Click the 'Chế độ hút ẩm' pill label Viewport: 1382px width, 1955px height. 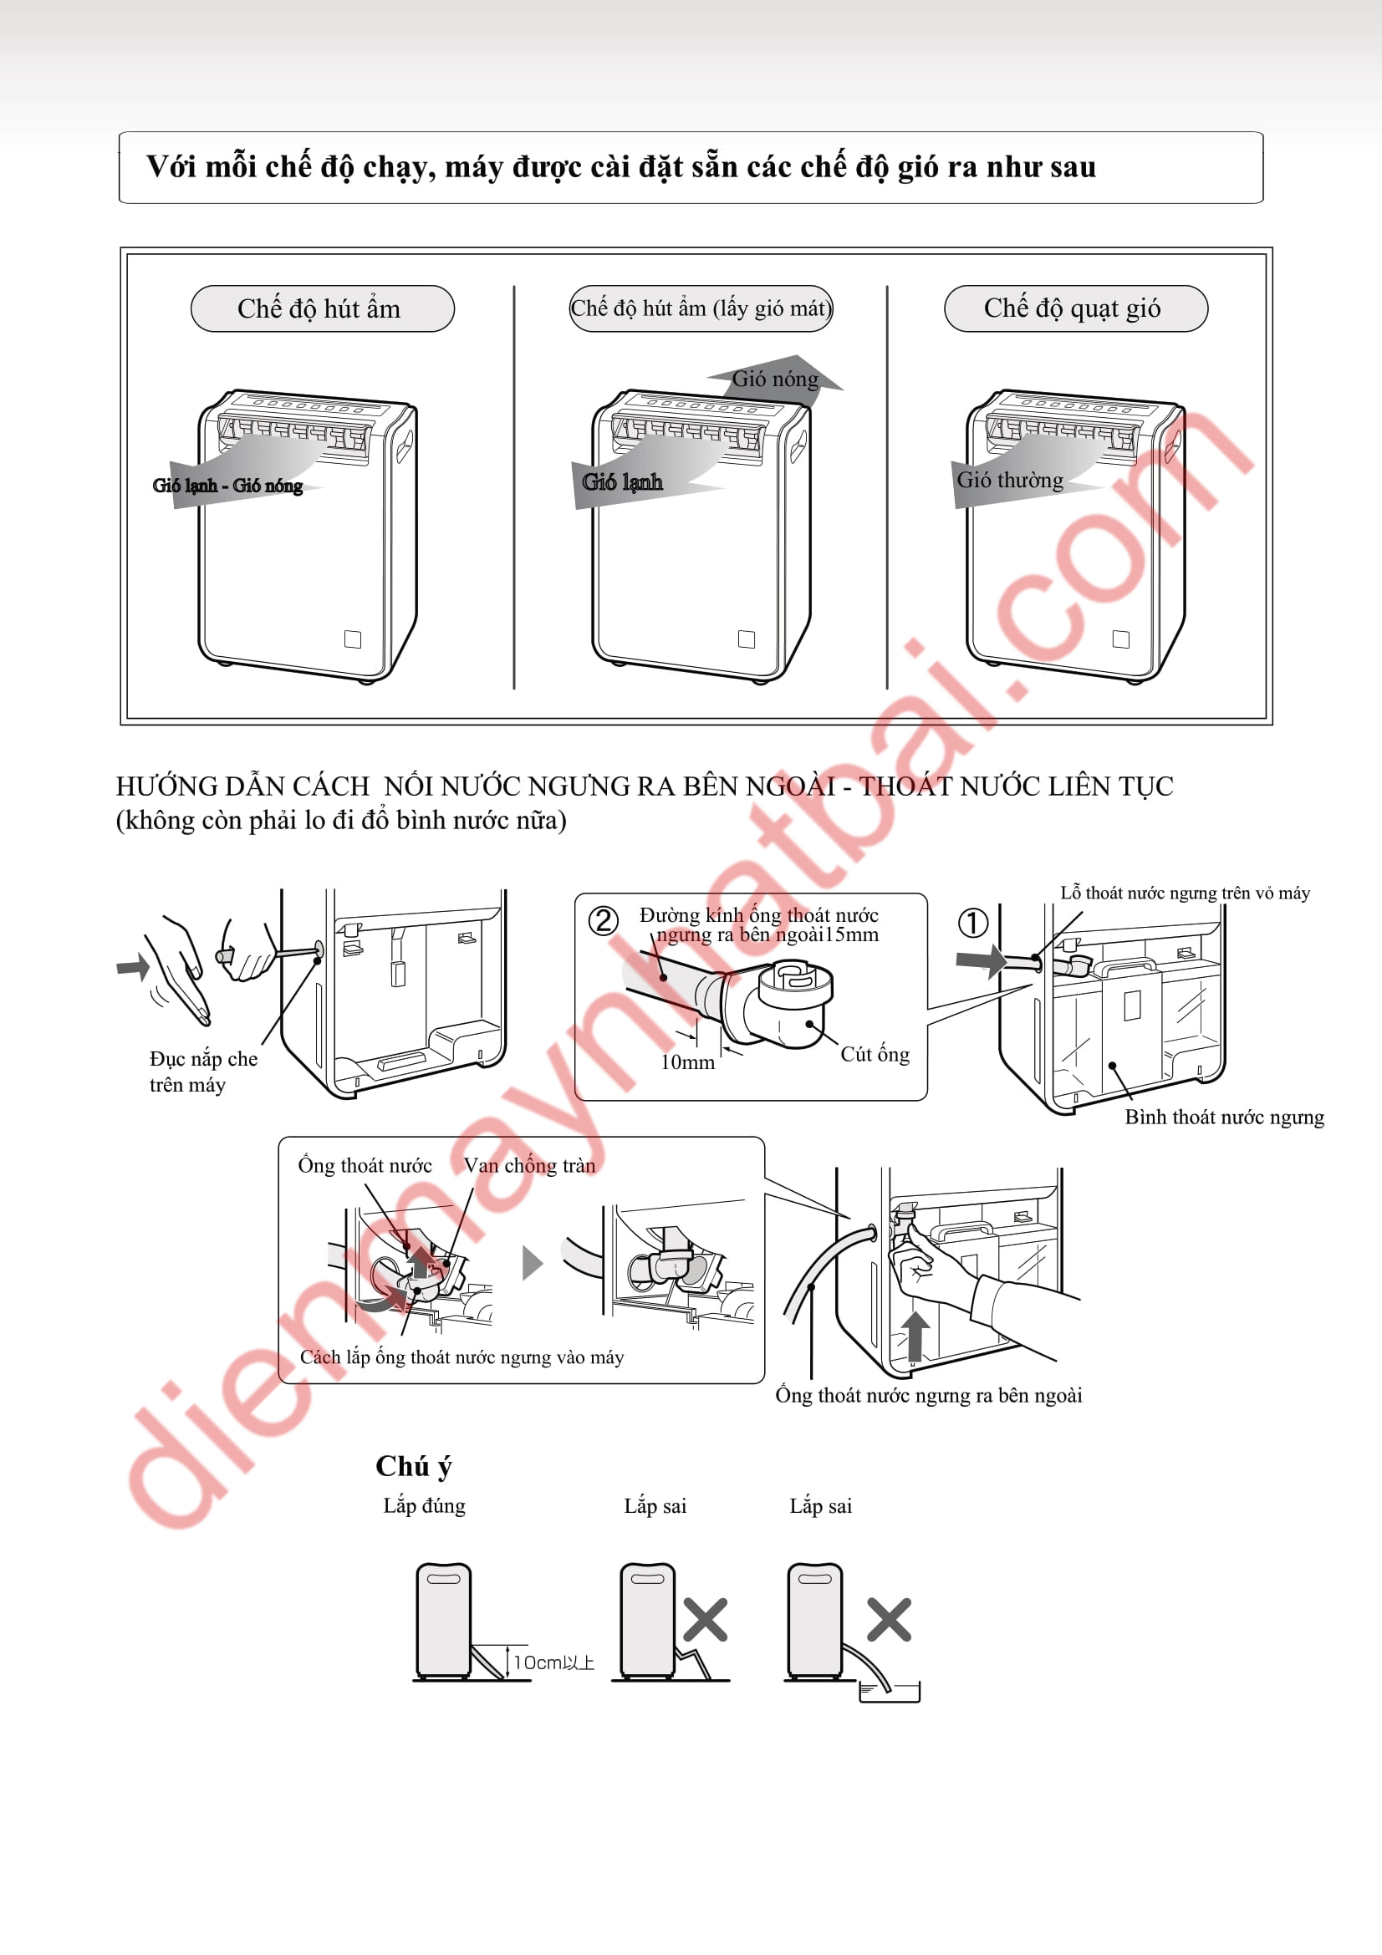pyautogui.click(x=322, y=308)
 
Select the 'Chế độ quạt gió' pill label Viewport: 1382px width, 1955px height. pyautogui.click(x=1075, y=308)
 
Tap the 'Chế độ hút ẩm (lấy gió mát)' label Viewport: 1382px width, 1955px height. pyautogui.click(x=701, y=308)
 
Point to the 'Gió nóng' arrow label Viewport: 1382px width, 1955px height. pyautogui.click(x=775, y=379)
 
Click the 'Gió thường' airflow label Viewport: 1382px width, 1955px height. pyautogui.click(x=1010, y=481)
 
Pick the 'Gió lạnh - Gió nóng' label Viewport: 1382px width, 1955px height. pyautogui.click(x=227, y=486)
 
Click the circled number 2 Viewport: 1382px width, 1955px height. pyautogui.click(x=604, y=920)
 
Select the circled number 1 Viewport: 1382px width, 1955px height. pyautogui.click(x=973, y=922)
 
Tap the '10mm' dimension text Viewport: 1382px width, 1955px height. pyautogui.click(x=687, y=1062)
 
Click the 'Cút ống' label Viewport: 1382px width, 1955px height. pyautogui.click(x=875, y=1054)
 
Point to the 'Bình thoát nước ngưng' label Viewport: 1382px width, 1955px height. pyautogui.click(x=1225, y=1118)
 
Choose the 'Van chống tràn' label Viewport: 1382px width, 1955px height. pyautogui.click(x=528, y=1166)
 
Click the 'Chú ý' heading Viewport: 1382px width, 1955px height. pyautogui.click(x=414, y=1466)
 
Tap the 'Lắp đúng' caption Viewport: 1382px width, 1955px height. pyautogui.click(x=424, y=1505)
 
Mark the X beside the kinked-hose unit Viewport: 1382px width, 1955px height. pyautogui.click(x=705, y=1620)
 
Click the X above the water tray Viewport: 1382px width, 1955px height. pyautogui.click(x=889, y=1620)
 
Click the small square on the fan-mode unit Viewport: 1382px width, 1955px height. pyautogui.click(x=1120, y=639)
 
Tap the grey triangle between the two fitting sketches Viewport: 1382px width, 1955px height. pyautogui.click(x=533, y=1263)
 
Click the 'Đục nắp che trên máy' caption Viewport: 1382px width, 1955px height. pyautogui.click(x=203, y=1072)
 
